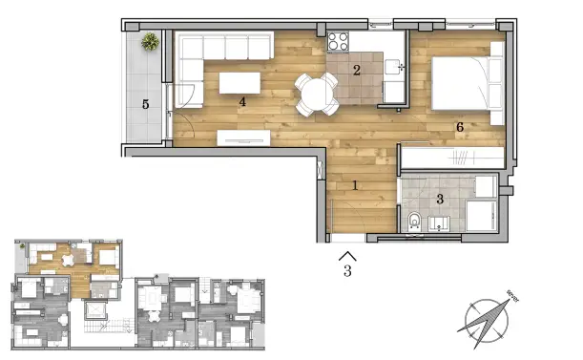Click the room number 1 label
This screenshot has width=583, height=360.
354,185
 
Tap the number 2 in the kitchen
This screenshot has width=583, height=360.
356,70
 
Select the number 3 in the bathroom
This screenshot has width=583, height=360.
440,199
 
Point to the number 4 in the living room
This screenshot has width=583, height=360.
243,101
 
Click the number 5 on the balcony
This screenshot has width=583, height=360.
146,103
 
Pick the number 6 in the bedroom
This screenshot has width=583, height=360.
459,125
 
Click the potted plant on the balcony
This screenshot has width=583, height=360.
151,42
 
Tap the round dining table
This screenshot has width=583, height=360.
314,92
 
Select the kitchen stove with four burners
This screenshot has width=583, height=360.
340,41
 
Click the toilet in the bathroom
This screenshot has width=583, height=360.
412,222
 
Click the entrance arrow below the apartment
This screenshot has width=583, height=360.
348,254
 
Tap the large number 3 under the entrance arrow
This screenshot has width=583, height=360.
348,271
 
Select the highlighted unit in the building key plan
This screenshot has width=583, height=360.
72,263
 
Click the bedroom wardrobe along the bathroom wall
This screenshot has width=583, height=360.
449,156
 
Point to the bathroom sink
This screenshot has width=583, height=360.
440,224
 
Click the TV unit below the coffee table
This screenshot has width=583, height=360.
244,138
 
